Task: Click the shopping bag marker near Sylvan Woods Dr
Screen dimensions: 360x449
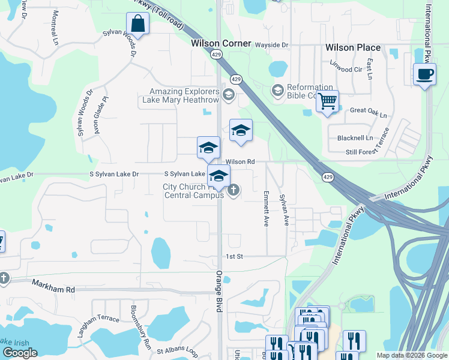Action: pyautogui.click(x=138, y=25)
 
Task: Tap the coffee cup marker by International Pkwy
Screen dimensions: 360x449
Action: pyautogui.click(x=425, y=74)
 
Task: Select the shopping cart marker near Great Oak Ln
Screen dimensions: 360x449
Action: pyautogui.click(x=327, y=102)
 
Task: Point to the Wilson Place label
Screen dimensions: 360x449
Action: pyautogui.click(x=353, y=47)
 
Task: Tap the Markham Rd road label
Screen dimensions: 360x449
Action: pyautogui.click(x=53, y=289)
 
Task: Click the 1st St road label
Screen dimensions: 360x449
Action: pyautogui.click(x=234, y=256)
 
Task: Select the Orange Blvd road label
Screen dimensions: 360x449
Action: pyautogui.click(x=219, y=291)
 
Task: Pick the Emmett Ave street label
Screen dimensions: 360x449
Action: pyautogui.click(x=265, y=208)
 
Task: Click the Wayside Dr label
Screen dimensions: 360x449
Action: pyautogui.click(x=272, y=45)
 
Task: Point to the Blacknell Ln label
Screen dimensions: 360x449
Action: pyautogui.click(x=355, y=137)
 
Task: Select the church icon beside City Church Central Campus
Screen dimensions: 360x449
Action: pyautogui.click(x=234, y=191)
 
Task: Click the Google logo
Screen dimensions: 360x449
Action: pyautogui.click(x=20, y=353)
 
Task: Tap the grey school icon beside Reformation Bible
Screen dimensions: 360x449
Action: pyautogui.click(x=277, y=91)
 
